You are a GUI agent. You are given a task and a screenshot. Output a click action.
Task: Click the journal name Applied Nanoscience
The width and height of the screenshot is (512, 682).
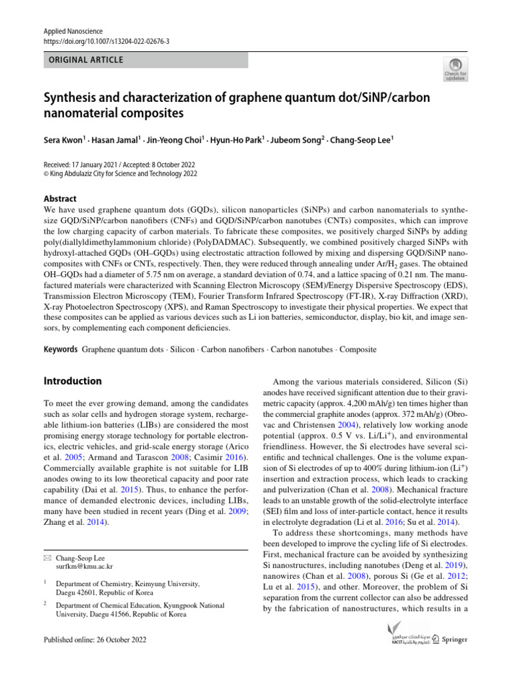pos(69,31)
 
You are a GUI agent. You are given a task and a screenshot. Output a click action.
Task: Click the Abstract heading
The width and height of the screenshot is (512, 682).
pos(60,198)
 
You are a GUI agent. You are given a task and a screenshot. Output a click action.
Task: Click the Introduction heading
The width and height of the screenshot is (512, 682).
pos(73,381)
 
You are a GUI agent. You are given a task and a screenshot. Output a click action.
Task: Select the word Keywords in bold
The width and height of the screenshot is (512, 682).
pos(60,349)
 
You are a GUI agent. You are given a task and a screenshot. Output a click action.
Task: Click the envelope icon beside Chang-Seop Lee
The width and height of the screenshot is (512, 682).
pos(46,558)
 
